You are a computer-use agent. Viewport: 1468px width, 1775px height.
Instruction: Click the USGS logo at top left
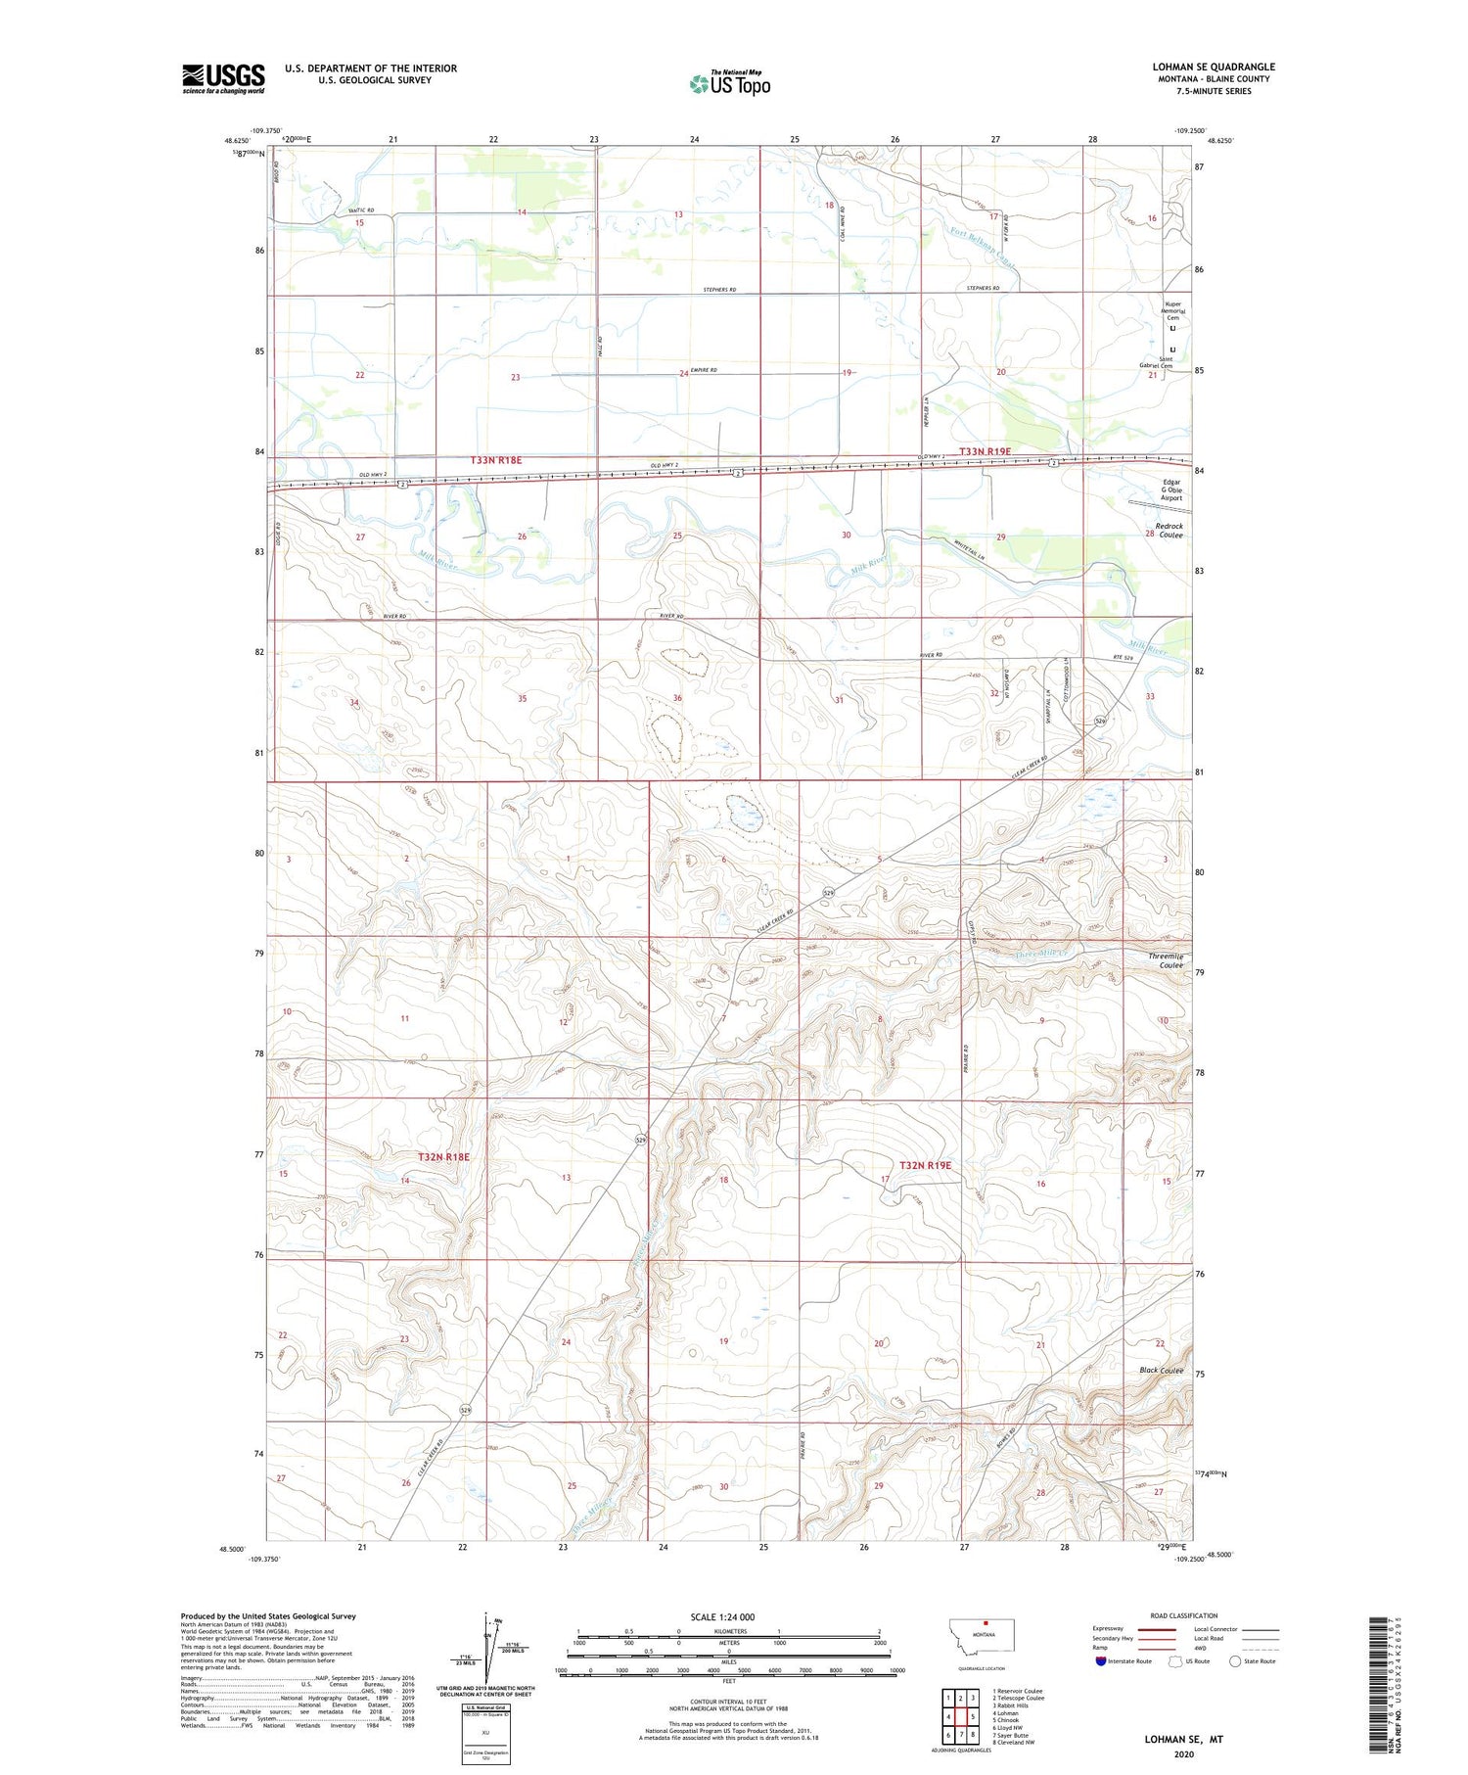click(223, 78)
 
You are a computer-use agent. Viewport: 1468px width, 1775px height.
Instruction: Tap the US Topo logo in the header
click(730, 84)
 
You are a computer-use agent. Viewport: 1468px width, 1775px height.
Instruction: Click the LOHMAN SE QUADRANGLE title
click(1213, 67)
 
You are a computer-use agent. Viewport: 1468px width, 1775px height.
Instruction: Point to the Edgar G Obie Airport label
click(1171, 490)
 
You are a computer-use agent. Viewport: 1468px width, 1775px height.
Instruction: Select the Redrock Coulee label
click(1169, 531)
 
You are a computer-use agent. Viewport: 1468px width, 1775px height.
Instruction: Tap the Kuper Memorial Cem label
click(1172, 310)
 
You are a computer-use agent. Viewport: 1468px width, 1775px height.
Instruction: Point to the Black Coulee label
click(1161, 1371)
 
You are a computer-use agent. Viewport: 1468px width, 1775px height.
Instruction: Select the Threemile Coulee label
click(1166, 960)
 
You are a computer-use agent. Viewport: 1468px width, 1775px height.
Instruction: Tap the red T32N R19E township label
click(925, 1165)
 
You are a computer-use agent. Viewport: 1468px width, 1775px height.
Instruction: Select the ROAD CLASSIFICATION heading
click(1184, 1615)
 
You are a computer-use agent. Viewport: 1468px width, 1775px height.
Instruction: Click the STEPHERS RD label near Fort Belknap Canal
click(983, 289)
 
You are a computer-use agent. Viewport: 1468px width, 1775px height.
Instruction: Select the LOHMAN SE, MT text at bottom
click(1184, 1740)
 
